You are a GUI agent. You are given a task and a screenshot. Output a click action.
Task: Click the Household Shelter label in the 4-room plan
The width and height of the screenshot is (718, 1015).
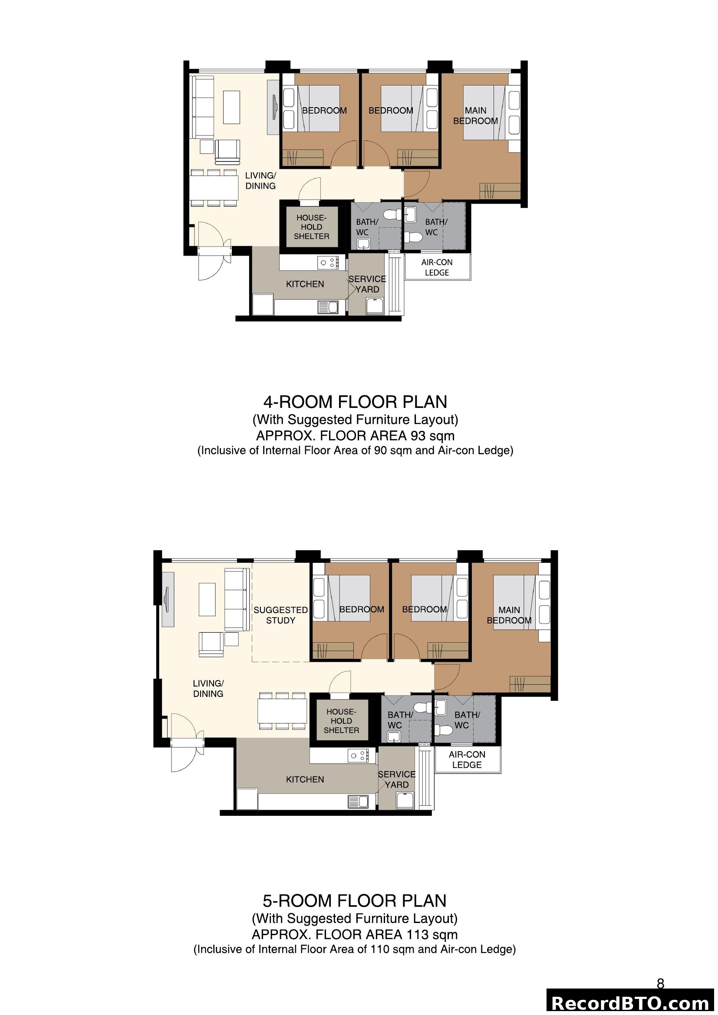(311, 227)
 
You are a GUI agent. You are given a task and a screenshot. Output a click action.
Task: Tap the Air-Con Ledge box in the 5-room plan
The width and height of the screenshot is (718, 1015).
(468, 759)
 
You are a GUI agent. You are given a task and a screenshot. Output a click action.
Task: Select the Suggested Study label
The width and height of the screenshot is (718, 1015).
(280, 615)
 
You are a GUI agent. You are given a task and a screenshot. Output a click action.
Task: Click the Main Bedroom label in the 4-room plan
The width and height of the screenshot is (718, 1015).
(475, 115)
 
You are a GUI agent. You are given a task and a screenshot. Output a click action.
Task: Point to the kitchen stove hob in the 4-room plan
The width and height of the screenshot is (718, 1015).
(328, 263)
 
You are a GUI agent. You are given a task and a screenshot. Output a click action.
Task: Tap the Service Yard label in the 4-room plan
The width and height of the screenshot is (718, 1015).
(367, 284)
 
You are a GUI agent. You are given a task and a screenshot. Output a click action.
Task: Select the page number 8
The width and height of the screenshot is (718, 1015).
(660, 984)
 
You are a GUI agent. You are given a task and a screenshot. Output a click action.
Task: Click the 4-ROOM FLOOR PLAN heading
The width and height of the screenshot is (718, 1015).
(355, 401)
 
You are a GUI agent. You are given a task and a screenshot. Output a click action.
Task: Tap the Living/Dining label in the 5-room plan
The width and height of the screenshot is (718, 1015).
(208, 688)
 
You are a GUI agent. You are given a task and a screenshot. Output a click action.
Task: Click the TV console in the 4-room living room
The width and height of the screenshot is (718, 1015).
(273, 107)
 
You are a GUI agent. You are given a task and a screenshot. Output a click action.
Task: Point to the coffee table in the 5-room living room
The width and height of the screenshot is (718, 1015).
(207, 599)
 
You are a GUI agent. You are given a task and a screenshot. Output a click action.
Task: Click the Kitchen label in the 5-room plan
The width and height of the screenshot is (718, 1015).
(305, 779)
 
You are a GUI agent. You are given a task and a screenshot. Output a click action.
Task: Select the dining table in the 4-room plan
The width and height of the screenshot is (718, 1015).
(214, 187)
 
